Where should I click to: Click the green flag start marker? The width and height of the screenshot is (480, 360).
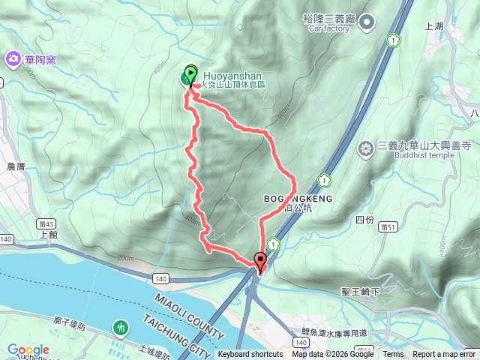pyautogui.click(x=189, y=76)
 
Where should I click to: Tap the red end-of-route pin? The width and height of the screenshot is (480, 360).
pyautogui.click(x=261, y=262)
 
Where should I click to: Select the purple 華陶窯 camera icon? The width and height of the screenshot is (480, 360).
pyautogui.click(x=13, y=58)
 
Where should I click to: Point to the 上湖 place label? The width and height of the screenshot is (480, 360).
pyautogui.click(x=434, y=26)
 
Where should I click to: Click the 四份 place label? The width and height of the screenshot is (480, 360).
pyautogui.click(x=364, y=220)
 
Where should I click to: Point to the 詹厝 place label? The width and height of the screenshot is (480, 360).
pyautogui.click(x=16, y=166)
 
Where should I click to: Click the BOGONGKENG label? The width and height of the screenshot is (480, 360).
pyautogui.click(x=298, y=199)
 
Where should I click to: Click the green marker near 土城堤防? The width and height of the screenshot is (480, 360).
pyautogui.click(x=120, y=328)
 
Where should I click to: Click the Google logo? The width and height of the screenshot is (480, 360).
pyautogui.click(x=28, y=350)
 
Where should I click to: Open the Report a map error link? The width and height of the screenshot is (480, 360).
pyautogui.click(x=445, y=355)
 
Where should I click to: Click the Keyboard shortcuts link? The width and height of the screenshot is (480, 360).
pyautogui.click(x=250, y=355)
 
